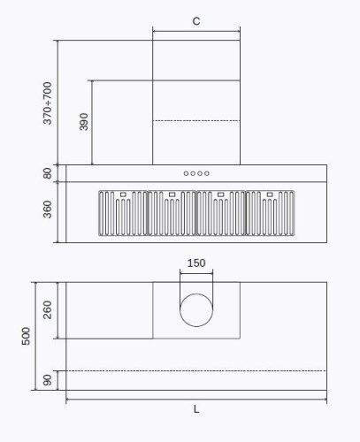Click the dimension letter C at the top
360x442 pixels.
coord(195,20)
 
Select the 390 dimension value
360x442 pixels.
coord(84,121)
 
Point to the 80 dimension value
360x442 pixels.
coord(48,173)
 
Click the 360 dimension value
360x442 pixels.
coord(48,210)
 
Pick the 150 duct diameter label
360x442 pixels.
coord(196,263)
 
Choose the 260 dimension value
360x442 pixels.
coord(48,309)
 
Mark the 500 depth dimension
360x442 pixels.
coord(27,335)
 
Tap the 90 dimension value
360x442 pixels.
coord(48,380)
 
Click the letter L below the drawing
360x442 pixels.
coord(196,409)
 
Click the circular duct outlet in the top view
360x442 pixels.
coord(196,310)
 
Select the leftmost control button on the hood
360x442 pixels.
coord(187,173)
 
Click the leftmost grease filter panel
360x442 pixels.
coord(122,215)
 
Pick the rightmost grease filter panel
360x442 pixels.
coord(271,215)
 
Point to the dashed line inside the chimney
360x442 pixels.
coord(196,120)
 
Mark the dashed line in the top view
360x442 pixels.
coord(196,371)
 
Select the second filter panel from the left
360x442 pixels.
coord(172,215)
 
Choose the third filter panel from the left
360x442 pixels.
coord(221,215)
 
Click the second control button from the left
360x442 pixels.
coord(194,173)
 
